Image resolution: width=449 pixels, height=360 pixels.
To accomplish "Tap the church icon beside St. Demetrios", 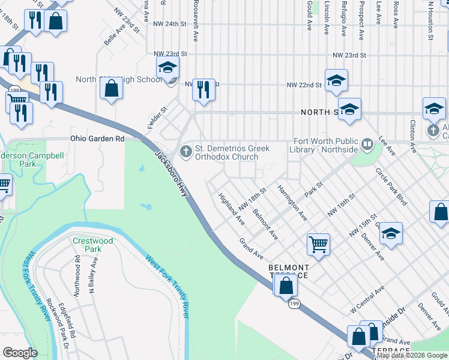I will tap(186, 151).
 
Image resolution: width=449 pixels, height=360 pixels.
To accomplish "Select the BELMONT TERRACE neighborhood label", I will tap(288, 271).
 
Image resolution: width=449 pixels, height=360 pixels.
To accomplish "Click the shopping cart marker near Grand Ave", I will tap(318, 244).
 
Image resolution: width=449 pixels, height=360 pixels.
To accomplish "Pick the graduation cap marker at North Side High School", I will tap(168, 67).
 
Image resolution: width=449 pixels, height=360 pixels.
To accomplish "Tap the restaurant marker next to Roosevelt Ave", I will tap(203, 89).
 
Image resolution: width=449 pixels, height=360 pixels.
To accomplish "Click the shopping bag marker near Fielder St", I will tap(112, 88).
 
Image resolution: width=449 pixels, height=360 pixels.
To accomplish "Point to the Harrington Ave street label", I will tap(292, 202).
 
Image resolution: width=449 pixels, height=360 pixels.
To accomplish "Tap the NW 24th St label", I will tap(170, 24).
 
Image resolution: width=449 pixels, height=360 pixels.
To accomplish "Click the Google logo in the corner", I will tap(20, 352).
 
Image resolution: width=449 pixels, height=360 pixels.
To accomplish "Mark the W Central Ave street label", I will tap(367, 299).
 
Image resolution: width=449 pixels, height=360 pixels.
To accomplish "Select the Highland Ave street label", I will tap(232, 209).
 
